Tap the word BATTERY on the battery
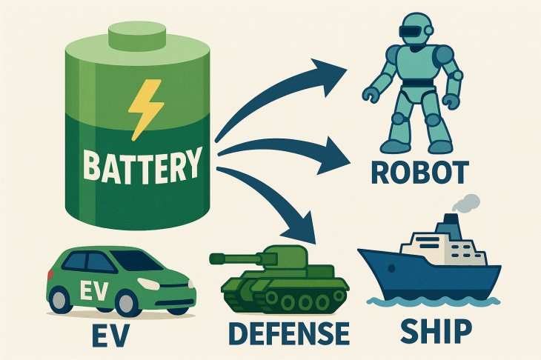pyautogui.click(x=142, y=165)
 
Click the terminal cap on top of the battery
pyautogui.click(x=137, y=36)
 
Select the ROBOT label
pyautogui.click(x=420, y=173)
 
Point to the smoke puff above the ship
pyautogui.click(x=466, y=203)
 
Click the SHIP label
pyautogui.click(x=436, y=331)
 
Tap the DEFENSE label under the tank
pyautogui.click(x=289, y=333)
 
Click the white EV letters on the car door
pyautogui.click(x=94, y=290)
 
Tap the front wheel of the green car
pyautogui.click(x=126, y=303)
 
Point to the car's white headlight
pyautogui.click(x=148, y=284)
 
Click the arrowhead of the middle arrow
pyautogui.click(x=333, y=156)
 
